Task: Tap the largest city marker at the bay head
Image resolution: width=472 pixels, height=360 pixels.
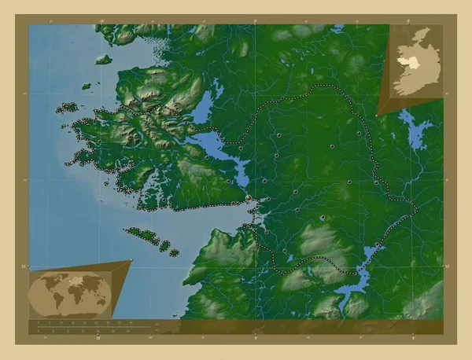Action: (249, 198)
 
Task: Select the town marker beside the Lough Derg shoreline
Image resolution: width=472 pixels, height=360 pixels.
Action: (378, 245)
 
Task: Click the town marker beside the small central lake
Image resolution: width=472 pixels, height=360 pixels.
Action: (323, 218)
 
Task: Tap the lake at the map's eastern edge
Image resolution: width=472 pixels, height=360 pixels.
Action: (416, 130)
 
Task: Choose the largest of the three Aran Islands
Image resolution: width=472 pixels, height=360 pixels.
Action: (142, 234)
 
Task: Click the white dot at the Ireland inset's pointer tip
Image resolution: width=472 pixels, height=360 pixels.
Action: (377, 115)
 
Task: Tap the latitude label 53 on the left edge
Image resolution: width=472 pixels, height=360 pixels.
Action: (25, 266)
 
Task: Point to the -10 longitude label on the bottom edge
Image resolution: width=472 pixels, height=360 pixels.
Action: (98, 340)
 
